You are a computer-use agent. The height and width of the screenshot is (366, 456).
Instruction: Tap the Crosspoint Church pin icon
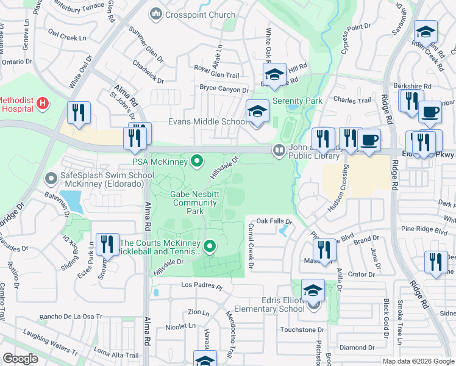tap(155, 13)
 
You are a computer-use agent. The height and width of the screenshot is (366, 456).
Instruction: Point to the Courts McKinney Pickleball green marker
tap(210, 246)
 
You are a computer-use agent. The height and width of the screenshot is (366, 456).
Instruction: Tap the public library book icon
tap(279, 149)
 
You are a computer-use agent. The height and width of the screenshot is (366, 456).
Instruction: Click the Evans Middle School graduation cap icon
tap(257, 112)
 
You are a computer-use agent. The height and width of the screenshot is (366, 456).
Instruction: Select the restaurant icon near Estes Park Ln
tap(107, 244)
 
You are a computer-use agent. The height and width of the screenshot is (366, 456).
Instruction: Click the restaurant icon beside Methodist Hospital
tap(79, 112)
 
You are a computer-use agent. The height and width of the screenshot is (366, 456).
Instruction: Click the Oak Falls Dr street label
tap(274, 222)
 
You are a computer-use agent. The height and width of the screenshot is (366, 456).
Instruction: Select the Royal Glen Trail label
tap(216, 74)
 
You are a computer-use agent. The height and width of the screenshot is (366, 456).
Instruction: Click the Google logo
tap(21, 359)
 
